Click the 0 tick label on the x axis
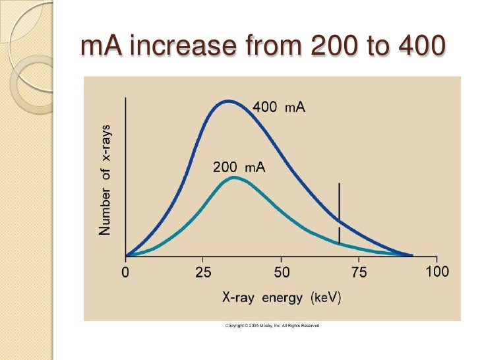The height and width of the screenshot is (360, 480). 126,272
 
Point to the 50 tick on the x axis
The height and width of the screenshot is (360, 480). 282,272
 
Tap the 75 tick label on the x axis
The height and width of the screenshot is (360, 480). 359,272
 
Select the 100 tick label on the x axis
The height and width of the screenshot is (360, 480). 437,272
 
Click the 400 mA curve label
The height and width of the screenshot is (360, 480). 279,107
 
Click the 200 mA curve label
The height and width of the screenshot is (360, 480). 239,167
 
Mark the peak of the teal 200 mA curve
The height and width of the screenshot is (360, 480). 233,177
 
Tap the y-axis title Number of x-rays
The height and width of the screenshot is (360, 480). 105,178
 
